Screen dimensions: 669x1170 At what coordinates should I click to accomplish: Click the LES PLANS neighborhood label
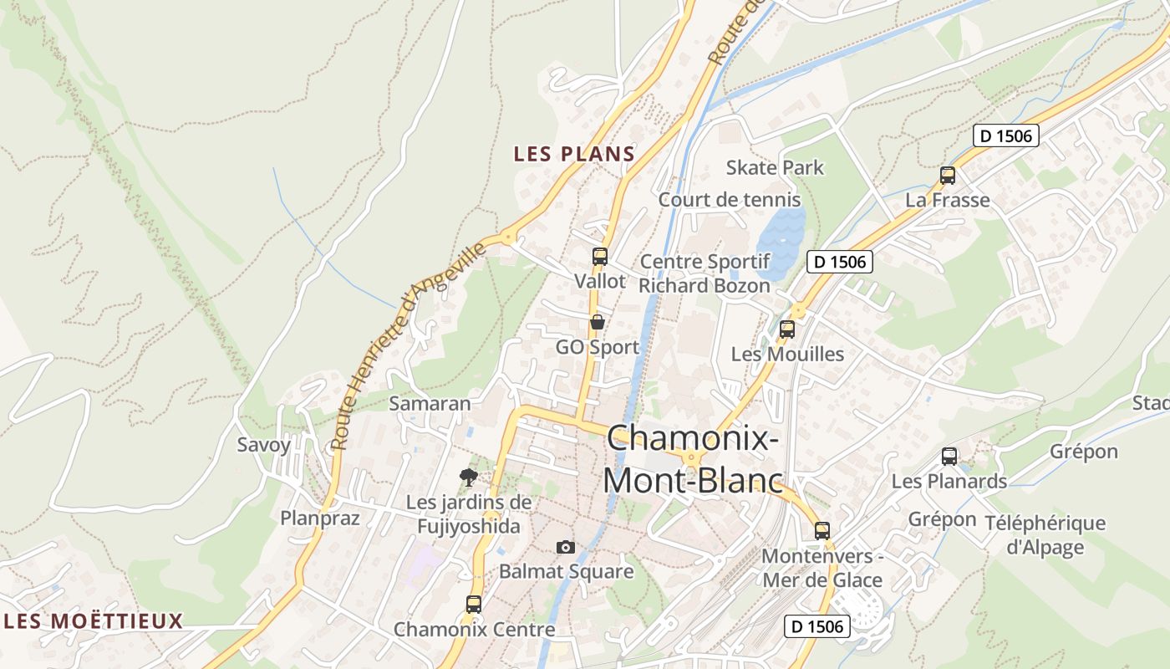[574, 154]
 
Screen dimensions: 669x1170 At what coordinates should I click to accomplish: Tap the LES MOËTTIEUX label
[93, 621]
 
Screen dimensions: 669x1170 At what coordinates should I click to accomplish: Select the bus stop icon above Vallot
[600, 257]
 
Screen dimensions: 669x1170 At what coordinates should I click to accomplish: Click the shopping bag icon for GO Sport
[598, 322]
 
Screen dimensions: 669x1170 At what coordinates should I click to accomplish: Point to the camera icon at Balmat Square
[566, 547]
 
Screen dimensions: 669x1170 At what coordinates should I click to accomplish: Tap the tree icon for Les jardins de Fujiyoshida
[469, 477]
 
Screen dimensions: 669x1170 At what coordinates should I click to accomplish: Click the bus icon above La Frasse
[948, 176]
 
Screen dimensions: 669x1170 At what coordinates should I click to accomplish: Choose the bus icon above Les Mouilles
[787, 329]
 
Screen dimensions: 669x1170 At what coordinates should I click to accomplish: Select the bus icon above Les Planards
[949, 457]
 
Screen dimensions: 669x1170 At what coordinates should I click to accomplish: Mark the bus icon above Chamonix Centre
[474, 604]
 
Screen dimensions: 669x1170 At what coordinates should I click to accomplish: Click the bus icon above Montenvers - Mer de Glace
[822, 531]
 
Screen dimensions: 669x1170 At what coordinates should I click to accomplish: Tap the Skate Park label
[775, 167]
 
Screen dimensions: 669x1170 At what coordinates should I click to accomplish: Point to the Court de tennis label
[730, 200]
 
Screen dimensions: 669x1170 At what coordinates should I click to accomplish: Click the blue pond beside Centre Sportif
[782, 238]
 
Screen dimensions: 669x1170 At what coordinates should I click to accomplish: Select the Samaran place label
[430, 403]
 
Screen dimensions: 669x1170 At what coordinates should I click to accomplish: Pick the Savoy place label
[264, 444]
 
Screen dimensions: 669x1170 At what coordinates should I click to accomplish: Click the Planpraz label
[320, 518]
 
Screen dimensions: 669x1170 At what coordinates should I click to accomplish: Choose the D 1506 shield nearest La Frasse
[1006, 135]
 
